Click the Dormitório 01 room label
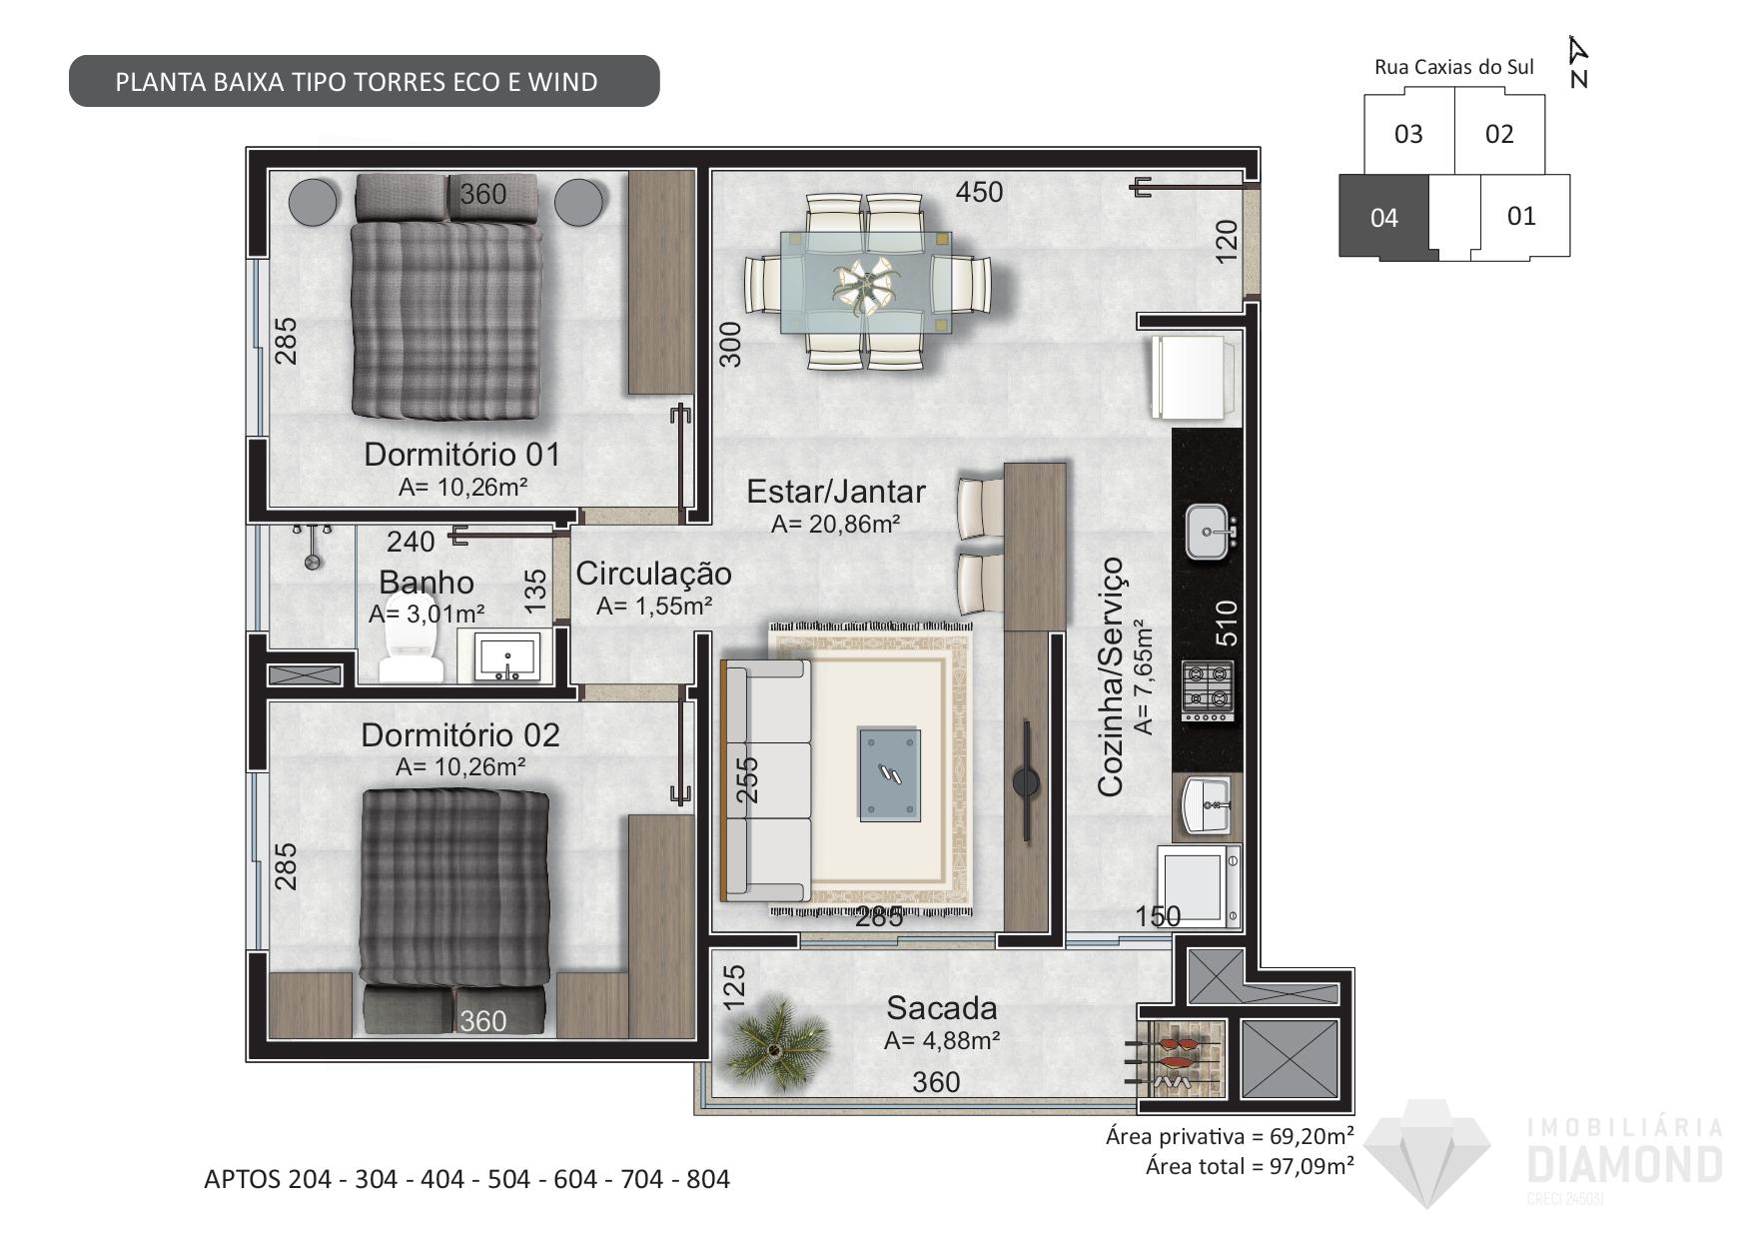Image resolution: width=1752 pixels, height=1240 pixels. click(x=461, y=455)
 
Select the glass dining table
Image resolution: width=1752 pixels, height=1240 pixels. click(x=865, y=283)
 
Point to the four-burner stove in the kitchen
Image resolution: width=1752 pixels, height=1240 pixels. click(x=1208, y=690)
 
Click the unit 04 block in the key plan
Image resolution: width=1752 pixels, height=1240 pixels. click(x=1384, y=218)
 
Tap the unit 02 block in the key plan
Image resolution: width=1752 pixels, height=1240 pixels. click(x=1499, y=134)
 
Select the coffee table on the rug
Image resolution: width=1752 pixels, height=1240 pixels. click(x=889, y=775)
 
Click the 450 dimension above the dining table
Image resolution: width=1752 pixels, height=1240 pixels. click(x=979, y=192)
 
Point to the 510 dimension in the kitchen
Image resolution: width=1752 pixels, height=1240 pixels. click(x=1227, y=622)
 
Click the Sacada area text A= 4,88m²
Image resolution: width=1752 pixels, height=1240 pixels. click(x=942, y=1041)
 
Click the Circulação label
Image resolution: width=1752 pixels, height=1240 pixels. click(x=653, y=574)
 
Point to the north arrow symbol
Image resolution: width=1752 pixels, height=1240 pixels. click(x=1578, y=61)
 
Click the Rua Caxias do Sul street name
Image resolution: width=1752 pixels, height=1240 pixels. click(x=1454, y=67)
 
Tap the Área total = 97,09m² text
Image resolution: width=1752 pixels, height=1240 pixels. click(x=1250, y=1165)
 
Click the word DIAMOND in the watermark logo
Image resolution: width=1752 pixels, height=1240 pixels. click(x=1626, y=1164)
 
